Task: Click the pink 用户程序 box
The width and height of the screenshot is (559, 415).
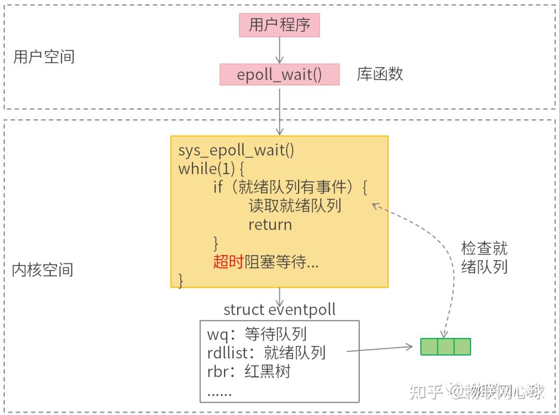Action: [x=279, y=25]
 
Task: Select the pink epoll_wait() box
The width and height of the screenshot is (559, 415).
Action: [x=279, y=75]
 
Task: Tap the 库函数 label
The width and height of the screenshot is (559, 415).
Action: [x=379, y=74]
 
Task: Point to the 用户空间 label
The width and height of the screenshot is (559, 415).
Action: [x=44, y=56]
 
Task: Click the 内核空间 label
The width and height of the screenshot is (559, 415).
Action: [x=42, y=269]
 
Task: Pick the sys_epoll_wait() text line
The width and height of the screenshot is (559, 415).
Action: [x=236, y=151]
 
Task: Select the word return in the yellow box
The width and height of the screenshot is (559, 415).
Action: [x=270, y=225]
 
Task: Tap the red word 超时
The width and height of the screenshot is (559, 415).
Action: [x=228, y=262]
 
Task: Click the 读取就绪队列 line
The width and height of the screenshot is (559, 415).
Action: [x=295, y=206]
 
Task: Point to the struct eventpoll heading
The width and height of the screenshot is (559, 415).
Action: [x=279, y=309]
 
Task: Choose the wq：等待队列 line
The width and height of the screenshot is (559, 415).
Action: [x=257, y=334]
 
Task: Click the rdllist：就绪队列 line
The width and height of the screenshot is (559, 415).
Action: [x=266, y=353]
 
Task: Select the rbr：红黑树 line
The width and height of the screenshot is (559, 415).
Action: [x=248, y=372]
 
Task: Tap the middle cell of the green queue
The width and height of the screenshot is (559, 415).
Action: [x=446, y=346]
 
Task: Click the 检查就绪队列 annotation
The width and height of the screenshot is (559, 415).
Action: [x=484, y=257]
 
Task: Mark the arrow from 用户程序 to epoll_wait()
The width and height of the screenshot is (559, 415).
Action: [x=279, y=50]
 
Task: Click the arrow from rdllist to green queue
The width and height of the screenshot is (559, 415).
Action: [x=383, y=349]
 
